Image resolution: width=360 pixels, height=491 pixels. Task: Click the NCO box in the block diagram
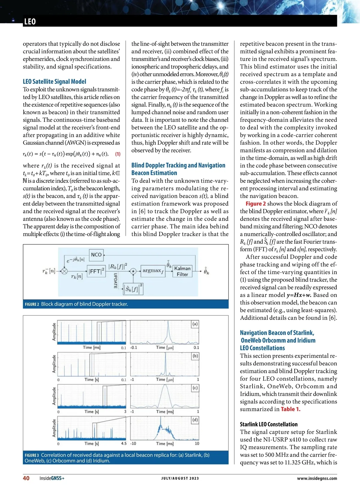96,254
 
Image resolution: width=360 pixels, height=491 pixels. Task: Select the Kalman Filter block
182,271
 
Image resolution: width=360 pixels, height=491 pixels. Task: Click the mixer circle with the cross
64,271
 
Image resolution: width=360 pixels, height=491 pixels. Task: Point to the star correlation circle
133,271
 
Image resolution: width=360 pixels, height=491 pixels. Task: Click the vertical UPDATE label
115,281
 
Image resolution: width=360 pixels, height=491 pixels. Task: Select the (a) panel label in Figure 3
195,324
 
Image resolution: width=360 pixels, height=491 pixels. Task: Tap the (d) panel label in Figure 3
195,420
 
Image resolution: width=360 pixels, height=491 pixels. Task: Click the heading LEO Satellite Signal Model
54,82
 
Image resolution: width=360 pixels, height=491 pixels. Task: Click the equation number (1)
118,154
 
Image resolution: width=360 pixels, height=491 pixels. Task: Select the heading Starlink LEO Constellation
269,424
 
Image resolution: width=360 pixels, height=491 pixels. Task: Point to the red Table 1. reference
290,409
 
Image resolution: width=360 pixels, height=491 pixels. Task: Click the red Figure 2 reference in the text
256,204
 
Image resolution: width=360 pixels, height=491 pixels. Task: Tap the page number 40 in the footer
26,478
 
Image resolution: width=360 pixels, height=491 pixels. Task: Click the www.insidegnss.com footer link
317,478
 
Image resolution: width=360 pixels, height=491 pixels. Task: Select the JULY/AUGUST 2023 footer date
180,478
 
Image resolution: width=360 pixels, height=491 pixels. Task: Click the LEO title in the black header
30,22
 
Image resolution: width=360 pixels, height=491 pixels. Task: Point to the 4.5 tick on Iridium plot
124,443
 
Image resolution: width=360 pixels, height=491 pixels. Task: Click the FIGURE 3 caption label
32,455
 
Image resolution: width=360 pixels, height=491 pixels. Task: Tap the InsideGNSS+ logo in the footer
52,478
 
